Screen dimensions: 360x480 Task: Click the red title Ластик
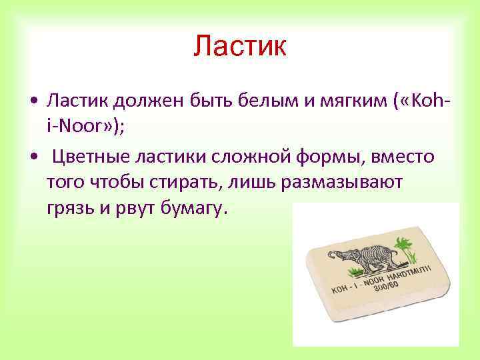pyautogui.click(x=240, y=46)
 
